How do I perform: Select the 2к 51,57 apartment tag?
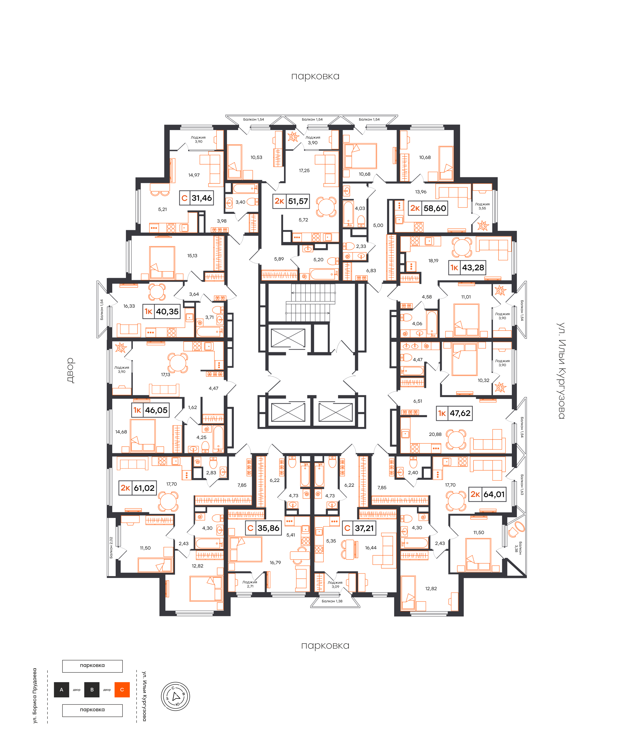(291, 201)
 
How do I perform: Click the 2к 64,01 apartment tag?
(487, 494)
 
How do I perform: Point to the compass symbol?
(175, 696)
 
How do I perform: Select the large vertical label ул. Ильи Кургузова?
(561, 370)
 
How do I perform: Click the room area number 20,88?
(435, 434)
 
